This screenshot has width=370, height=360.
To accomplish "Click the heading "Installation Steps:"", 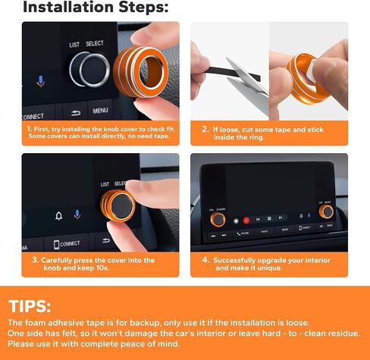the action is point(96,7).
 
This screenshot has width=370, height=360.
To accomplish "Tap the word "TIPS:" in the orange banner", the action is point(30,306).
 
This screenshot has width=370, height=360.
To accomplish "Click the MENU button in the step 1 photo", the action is point(100,111).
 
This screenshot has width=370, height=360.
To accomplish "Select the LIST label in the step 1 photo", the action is point(74,45).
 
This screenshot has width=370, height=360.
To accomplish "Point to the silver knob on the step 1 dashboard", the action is point(89,70).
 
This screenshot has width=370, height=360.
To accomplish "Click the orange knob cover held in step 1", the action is point(140,72).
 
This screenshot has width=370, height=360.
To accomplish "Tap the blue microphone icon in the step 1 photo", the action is point(41,81).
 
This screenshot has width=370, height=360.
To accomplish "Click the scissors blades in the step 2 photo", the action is point(249,77).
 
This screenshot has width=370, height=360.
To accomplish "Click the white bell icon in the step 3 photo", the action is point(59,216).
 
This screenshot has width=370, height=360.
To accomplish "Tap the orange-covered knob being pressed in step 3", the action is point(118,205).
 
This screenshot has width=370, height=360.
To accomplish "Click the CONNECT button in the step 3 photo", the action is point(67,244).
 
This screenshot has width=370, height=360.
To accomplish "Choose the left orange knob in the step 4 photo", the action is point(218,220).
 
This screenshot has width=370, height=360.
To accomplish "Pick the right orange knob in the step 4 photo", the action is point(326,211).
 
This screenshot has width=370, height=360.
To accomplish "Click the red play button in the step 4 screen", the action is point(246,221).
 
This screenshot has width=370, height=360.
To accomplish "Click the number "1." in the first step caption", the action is point(30,129).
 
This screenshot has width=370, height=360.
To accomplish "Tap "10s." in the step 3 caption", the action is point(102,268).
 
